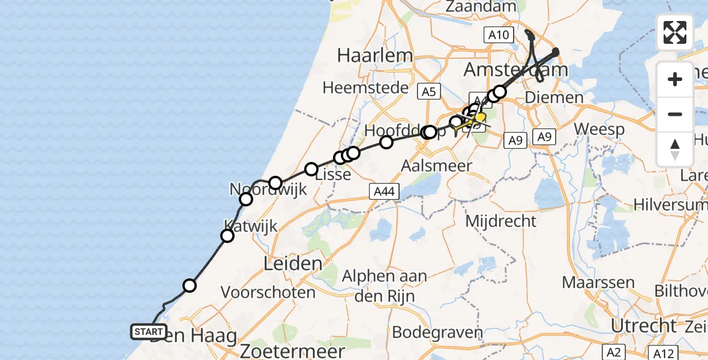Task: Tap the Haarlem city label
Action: (375, 56)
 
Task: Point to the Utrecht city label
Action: (643, 326)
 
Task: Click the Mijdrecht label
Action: (501, 221)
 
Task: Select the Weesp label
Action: (599, 129)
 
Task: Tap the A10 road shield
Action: (499, 35)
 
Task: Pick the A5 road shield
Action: (428, 91)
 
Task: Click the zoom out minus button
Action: (675, 114)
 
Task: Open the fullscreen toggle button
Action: (675, 32)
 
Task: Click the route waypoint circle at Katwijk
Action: (227, 236)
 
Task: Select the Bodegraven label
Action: (437, 332)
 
